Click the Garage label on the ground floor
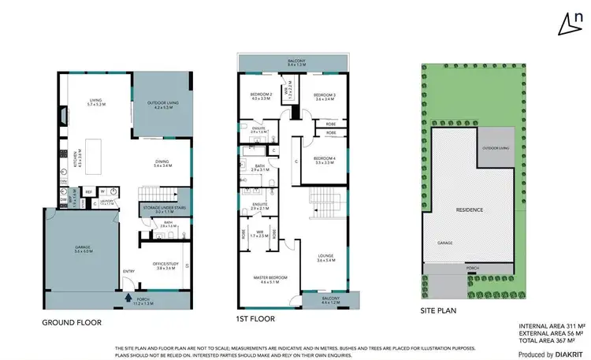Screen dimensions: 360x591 pyautogui.click(x=83, y=249)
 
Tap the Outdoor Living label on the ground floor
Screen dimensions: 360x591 pyautogui.click(x=162, y=105)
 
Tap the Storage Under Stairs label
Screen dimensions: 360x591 pyautogui.click(x=163, y=209)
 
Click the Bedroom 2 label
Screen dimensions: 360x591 pyautogui.click(x=261, y=96)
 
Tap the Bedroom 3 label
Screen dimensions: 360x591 pyautogui.click(x=325, y=96)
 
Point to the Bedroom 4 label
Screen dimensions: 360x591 pyautogui.click(x=325, y=160)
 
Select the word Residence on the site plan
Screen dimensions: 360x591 pyautogui.click(x=469, y=210)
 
